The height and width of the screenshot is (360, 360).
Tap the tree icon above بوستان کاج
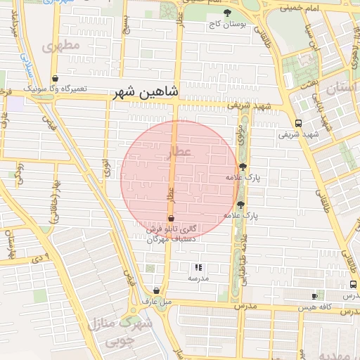tap(226, 13)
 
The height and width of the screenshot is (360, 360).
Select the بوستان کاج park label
tap(226, 24)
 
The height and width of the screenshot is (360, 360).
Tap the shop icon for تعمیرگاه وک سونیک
tap(55, 78)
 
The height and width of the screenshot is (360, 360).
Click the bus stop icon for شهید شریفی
tap(299, 122)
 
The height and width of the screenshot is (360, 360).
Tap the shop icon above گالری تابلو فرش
tap(171, 219)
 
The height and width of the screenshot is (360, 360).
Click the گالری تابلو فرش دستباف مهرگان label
tap(171, 234)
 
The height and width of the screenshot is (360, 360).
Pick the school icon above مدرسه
tap(198, 267)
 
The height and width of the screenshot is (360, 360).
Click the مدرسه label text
tap(198, 278)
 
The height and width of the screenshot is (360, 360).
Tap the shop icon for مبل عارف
tap(156, 290)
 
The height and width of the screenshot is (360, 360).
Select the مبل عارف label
tap(156, 302)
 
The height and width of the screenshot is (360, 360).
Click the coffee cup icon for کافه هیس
tap(314, 297)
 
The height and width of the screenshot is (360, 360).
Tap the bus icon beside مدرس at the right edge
tap(352, 285)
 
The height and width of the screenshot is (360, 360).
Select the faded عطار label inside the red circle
tap(180, 152)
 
